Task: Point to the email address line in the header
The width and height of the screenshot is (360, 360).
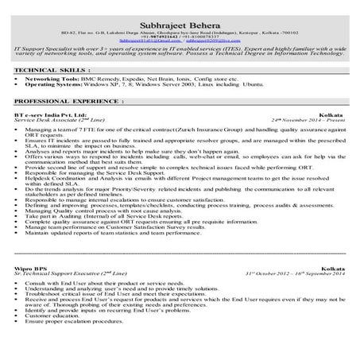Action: pos(179,37)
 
